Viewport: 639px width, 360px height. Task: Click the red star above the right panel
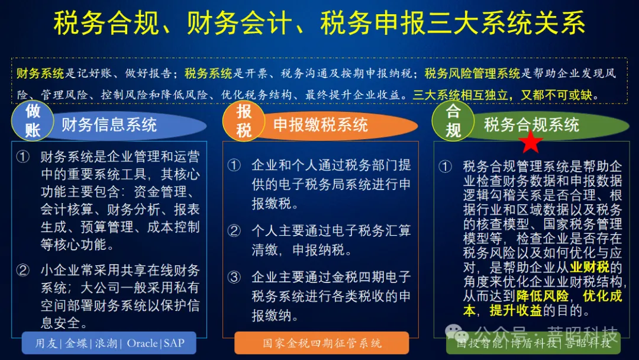click(531, 142)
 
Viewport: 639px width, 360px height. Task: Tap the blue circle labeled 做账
click(33, 120)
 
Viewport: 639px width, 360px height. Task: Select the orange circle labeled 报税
click(244, 120)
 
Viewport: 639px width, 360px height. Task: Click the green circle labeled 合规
click(453, 120)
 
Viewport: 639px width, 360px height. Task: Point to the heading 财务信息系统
click(109, 125)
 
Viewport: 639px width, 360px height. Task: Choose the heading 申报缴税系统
click(321, 125)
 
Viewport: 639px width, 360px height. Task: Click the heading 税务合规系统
click(531, 125)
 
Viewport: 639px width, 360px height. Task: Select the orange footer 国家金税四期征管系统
click(322, 343)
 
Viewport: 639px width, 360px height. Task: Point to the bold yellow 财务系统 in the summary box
click(40, 73)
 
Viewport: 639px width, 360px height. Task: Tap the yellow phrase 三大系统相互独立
click(461, 94)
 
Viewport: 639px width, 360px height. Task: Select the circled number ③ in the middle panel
click(234, 277)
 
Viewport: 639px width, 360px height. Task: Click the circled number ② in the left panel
click(23, 271)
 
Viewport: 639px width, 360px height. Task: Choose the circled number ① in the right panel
click(445, 167)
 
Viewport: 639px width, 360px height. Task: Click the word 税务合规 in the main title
click(106, 24)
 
